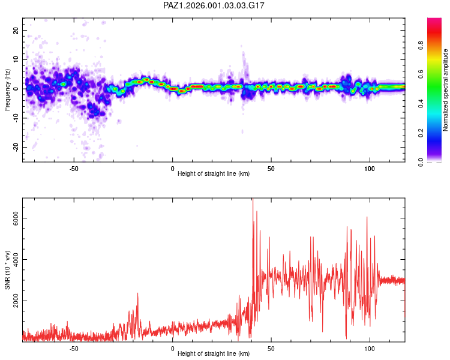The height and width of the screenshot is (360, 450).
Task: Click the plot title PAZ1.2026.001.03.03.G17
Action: [214, 5]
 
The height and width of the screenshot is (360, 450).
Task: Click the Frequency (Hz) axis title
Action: [7, 89]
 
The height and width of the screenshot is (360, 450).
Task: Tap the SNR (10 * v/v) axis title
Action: [7, 269]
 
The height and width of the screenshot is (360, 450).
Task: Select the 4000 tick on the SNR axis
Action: [12, 259]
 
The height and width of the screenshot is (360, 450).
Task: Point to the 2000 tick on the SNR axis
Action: [12, 301]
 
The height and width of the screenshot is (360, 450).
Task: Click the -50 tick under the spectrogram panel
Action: [74, 169]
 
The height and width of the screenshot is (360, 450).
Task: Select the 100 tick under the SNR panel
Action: [370, 349]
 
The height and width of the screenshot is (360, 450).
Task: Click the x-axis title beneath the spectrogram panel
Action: [214, 174]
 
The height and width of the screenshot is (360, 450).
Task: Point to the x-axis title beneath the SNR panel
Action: [214, 354]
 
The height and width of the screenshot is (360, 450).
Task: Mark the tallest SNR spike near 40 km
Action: [253, 199]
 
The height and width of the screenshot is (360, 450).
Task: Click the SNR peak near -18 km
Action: [137, 293]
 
